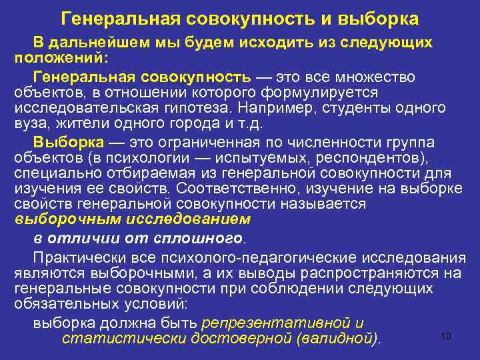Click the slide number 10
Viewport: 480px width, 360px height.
tap(446, 336)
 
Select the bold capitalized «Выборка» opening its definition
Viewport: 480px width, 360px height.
tap(69, 142)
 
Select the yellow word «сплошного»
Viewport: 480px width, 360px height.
tap(207, 237)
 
